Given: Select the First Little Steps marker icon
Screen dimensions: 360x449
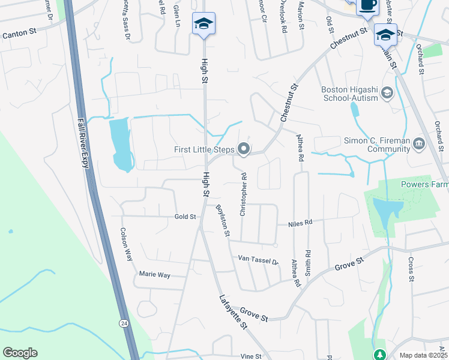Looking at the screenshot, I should [x=244, y=148].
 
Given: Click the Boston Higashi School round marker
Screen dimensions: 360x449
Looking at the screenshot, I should [x=387, y=92].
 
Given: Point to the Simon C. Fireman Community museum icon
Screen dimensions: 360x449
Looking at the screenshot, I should [x=419, y=143].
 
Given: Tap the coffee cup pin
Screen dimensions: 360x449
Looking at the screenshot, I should [x=367, y=6].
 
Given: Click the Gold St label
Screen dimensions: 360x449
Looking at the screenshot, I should [x=185, y=217].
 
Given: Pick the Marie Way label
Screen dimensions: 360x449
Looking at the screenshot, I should [x=154, y=275].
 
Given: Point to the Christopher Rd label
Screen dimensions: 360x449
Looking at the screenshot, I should [x=243, y=195].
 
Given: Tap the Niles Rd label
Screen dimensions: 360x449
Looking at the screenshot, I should [x=301, y=223].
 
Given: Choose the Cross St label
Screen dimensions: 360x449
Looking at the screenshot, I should [x=411, y=269].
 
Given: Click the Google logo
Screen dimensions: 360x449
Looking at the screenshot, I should [x=20, y=353].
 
